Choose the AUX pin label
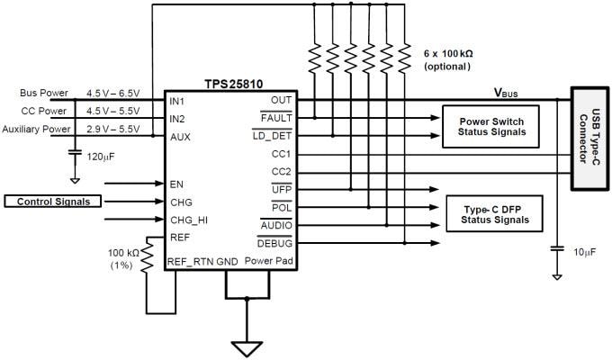click(180, 137)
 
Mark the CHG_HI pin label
click(188, 219)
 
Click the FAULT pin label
click(274, 118)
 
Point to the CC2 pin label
click(281, 171)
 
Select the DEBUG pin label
click(274, 244)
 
